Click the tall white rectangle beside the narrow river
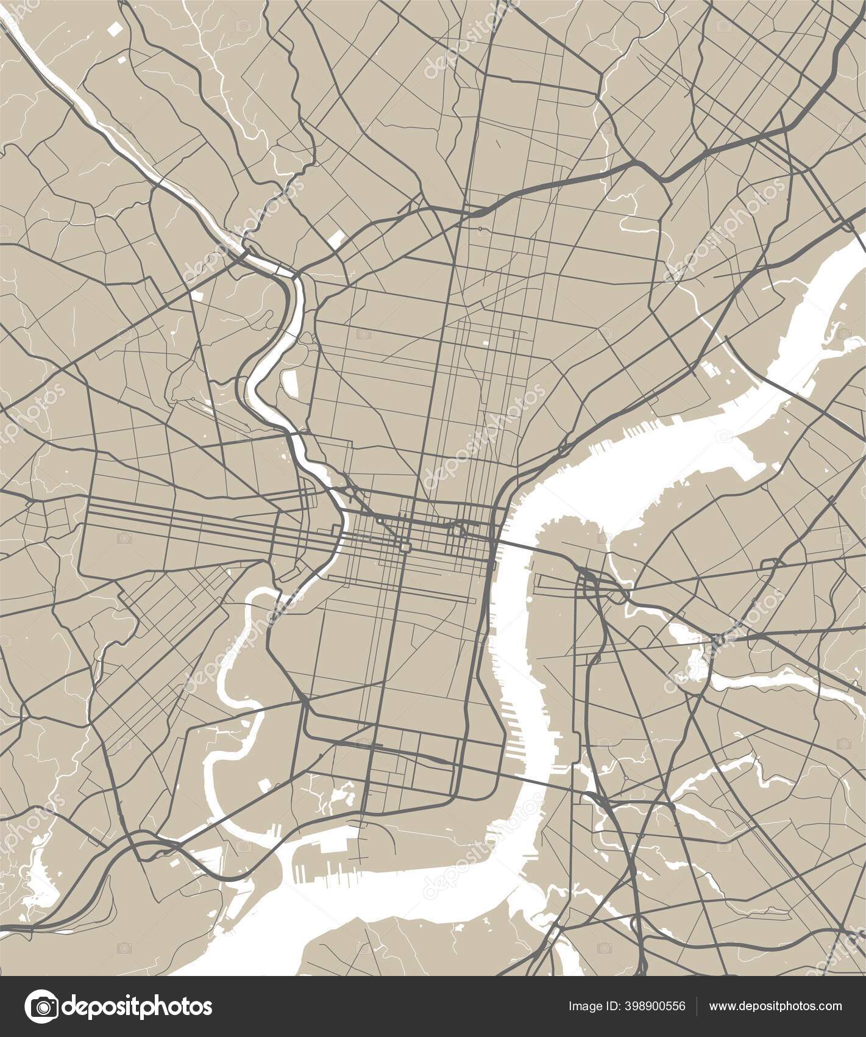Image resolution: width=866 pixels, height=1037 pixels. point(290,382)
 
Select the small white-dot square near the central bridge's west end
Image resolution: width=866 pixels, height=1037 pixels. point(457,532)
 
